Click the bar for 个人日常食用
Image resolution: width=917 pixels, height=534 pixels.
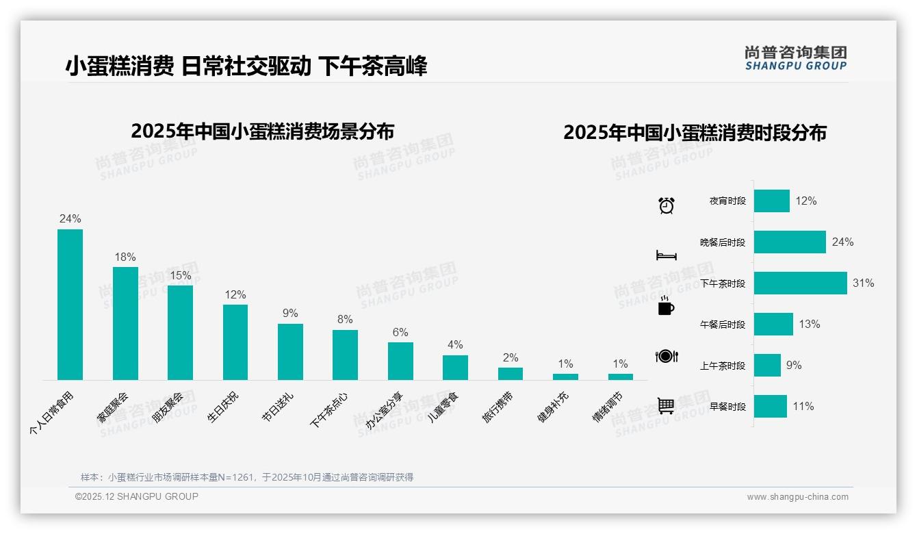(x=70, y=304)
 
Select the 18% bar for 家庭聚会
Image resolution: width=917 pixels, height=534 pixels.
(x=125, y=323)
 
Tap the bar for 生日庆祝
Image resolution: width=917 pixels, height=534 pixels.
(x=235, y=342)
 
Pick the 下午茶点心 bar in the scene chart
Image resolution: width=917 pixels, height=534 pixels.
(x=345, y=355)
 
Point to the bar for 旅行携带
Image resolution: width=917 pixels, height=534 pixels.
(x=510, y=373)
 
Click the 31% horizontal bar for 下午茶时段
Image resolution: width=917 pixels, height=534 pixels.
(x=800, y=283)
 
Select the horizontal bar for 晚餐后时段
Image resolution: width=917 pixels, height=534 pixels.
(x=790, y=242)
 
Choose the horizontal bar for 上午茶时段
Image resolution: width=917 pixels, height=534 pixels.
(x=767, y=365)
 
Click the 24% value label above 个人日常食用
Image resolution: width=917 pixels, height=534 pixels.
(x=70, y=219)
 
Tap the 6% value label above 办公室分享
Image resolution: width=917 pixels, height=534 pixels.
(x=400, y=332)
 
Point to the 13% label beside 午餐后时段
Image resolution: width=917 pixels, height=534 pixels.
(x=810, y=324)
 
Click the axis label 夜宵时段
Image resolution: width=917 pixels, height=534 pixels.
(x=727, y=201)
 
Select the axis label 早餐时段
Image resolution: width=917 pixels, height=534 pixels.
(x=727, y=407)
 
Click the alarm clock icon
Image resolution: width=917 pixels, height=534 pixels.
(x=667, y=205)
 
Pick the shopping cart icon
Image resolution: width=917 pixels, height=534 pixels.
(x=666, y=405)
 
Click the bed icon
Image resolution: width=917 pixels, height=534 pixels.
(x=667, y=255)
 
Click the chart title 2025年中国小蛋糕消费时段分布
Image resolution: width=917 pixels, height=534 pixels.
(x=695, y=132)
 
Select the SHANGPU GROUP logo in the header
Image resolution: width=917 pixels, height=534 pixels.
(x=795, y=58)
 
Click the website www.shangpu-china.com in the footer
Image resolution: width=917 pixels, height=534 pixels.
(x=797, y=497)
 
